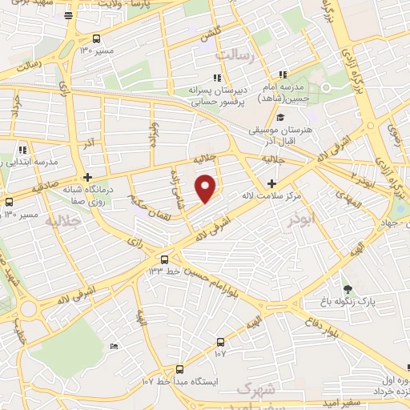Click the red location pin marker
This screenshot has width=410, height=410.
pyautogui.click(x=207, y=187)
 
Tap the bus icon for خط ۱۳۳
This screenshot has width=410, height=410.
pyautogui.click(x=164, y=259)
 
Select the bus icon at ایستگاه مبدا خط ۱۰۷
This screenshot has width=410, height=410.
pyautogui.click(x=179, y=369)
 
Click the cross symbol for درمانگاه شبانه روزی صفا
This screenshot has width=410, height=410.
pyautogui.click(x=87, y=177)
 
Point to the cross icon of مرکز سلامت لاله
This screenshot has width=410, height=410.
pyautogui.click(x=271, y=183)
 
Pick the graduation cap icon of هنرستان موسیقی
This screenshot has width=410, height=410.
pyautogui.click(x=279, y=118)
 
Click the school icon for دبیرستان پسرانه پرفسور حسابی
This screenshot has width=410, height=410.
pyautogui.click(x=217, y=78)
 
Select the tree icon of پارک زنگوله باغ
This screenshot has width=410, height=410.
pyautogui.click(x=347, y=289)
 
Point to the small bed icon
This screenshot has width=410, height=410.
pyautogui.click(x=114, y=345)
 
